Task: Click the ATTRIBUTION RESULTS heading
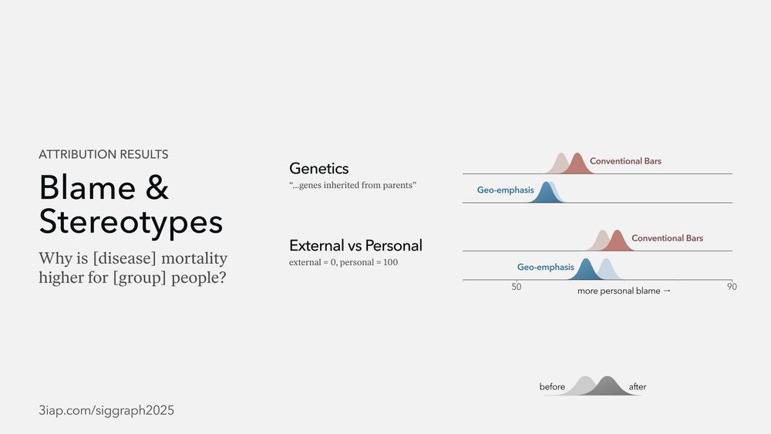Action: (103, 154)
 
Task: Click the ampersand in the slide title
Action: (157, 187)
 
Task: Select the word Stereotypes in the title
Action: (131, 222)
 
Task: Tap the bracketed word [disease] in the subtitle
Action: (124, 258)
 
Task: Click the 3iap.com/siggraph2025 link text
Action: (106, 410)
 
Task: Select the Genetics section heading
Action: (318, 169)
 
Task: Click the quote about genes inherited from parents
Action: (352, 185)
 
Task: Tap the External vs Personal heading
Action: (355, 245)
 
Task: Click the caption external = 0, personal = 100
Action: (343, 262)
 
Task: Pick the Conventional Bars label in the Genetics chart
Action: (625, 161)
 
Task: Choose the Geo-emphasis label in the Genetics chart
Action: (505, 190)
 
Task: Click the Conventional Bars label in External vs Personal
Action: (667, 238)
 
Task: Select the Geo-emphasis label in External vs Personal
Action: (545, 267)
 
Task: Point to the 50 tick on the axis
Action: (517, 287)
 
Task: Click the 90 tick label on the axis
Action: (732, 287)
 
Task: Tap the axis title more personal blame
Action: (624, 291)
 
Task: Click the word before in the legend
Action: (552, 387)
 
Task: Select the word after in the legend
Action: (638, 387)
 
